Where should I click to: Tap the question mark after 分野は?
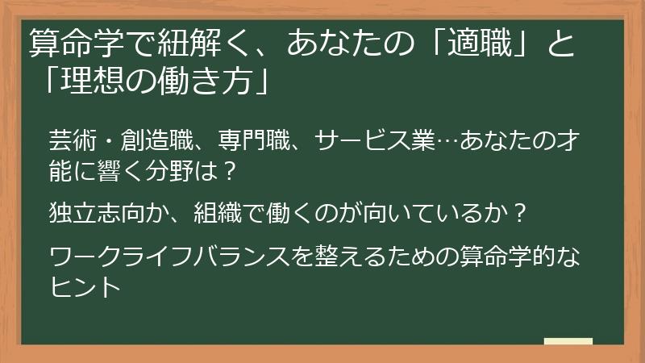click(229, 171)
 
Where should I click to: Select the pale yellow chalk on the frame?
click(568, 341)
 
